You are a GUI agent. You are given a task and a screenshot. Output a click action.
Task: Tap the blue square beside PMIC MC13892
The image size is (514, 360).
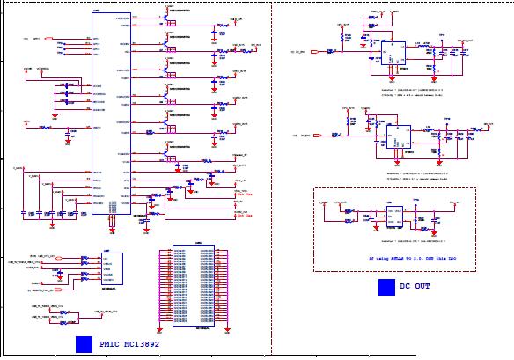(x=84, y=345)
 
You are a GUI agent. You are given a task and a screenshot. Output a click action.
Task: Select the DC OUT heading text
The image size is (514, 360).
(x=415, y=286)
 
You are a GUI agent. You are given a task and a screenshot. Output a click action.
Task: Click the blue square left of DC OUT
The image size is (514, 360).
(x=386, y=287)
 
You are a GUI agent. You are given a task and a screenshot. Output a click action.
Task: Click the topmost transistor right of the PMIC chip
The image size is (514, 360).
(x=166, y=16)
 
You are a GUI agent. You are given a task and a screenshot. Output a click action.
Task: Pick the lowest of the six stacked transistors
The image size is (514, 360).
(x=166, y=153)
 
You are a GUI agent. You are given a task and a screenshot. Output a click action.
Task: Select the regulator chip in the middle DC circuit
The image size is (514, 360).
(x=393, y=136)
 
